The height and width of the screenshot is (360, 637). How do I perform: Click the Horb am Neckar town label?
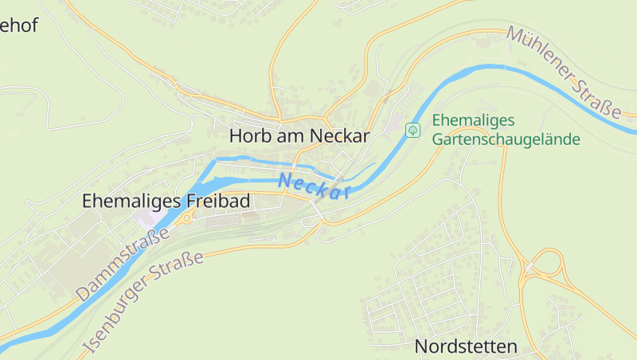point(299,136)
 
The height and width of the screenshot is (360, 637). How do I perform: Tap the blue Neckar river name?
point(315,186)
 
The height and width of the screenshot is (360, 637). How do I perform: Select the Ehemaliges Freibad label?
point(166,201)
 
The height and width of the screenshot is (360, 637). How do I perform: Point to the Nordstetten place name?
point(466,346)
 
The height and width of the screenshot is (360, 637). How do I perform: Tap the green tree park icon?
point(412,129)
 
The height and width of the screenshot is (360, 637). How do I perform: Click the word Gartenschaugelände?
point(506,139)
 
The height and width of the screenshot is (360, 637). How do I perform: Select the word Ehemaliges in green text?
point(474,120)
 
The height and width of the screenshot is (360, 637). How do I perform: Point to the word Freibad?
point(219,201)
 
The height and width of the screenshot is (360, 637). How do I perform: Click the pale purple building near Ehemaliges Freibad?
point(147,217)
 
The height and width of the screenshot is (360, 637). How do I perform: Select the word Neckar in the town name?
point(339,136)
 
